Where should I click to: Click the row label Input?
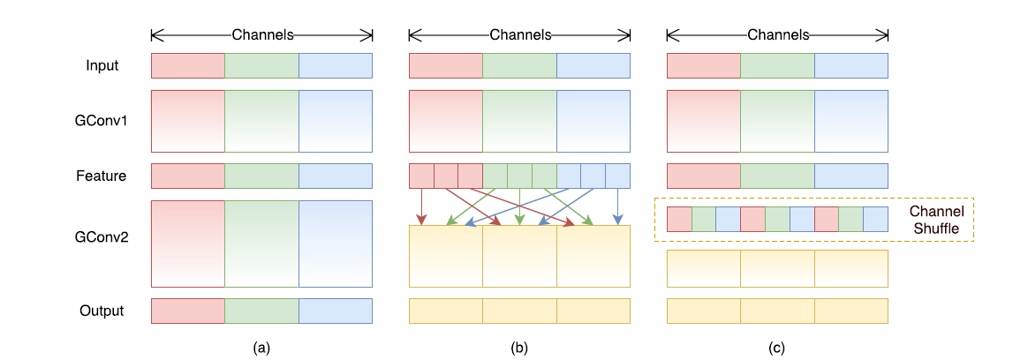102,66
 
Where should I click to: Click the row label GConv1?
102,121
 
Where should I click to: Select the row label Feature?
102,176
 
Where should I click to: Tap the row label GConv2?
102,237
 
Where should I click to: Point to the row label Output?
102,311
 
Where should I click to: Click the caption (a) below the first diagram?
261,348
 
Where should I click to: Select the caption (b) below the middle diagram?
519,348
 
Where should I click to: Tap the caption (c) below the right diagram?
777,348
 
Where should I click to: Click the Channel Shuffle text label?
937,220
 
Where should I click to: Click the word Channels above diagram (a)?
262,35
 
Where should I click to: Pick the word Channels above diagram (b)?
520,35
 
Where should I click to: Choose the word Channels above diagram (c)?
778,35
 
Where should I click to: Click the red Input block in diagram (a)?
188,66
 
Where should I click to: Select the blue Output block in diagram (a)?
336,311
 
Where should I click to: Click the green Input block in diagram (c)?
777,66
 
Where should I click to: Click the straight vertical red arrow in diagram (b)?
421,206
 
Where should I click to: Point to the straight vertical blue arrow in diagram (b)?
617,206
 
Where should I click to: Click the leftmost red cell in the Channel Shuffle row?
679,220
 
